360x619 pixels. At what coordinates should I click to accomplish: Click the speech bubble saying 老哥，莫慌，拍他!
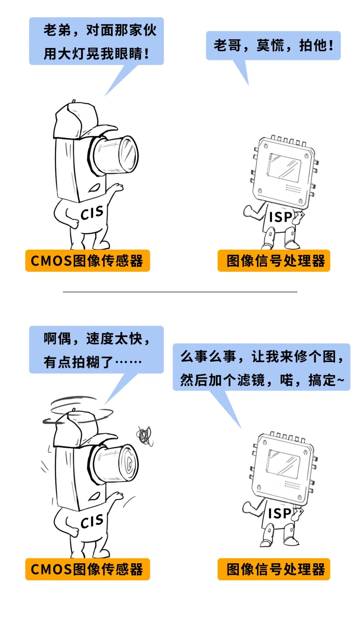click(x=273, y=46)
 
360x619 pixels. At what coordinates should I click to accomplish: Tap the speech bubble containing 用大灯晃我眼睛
click(x=96, y=41)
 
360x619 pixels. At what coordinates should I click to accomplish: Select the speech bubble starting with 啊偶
click(x=96, y=350)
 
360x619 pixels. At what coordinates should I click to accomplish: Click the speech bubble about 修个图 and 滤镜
click(x=261, y=367)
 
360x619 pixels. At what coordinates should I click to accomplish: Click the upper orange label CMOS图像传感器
click(x=88, y=261)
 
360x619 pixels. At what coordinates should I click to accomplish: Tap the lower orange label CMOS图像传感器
click(x=88, y=569)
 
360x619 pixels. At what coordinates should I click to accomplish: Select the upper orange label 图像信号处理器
click(x=274, y=261)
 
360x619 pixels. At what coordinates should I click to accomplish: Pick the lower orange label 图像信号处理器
click(x=274, y=569)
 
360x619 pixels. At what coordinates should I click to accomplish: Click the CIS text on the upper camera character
click(x=92, y=213)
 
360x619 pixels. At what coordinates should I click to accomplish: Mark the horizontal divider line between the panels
click(x=180, y=292)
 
